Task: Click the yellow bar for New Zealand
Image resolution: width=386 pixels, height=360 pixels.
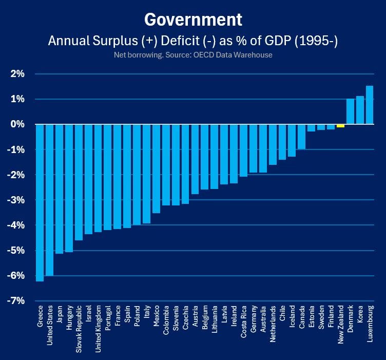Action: (340, 126)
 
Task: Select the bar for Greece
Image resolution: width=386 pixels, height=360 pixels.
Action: (40, 203)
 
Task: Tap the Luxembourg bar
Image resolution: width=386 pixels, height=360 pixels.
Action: (370, 105)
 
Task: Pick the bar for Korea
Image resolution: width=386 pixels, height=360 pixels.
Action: (360, 110)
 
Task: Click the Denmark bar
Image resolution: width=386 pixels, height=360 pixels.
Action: (350, 111)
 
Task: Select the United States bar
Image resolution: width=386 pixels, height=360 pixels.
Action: (49, 200)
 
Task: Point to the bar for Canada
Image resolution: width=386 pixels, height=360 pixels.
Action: (302, 137)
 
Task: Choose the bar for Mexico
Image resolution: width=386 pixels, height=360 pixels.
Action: (157, 168)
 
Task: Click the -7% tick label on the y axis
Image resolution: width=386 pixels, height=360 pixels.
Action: (16, 300)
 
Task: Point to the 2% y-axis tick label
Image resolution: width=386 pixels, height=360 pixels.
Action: (17, 73)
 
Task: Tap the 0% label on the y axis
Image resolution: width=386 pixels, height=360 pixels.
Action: (17, 124)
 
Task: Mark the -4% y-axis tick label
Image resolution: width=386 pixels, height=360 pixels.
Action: (16, 225)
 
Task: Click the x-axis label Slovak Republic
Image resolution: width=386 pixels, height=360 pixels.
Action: (79, 329)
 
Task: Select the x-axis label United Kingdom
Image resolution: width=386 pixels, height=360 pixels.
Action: (98, 329)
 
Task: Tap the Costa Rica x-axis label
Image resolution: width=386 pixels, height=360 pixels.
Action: (243, 322)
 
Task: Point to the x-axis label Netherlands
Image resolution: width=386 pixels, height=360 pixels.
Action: (273, 324)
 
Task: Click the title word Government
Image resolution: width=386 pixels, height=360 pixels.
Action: (193, 20)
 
